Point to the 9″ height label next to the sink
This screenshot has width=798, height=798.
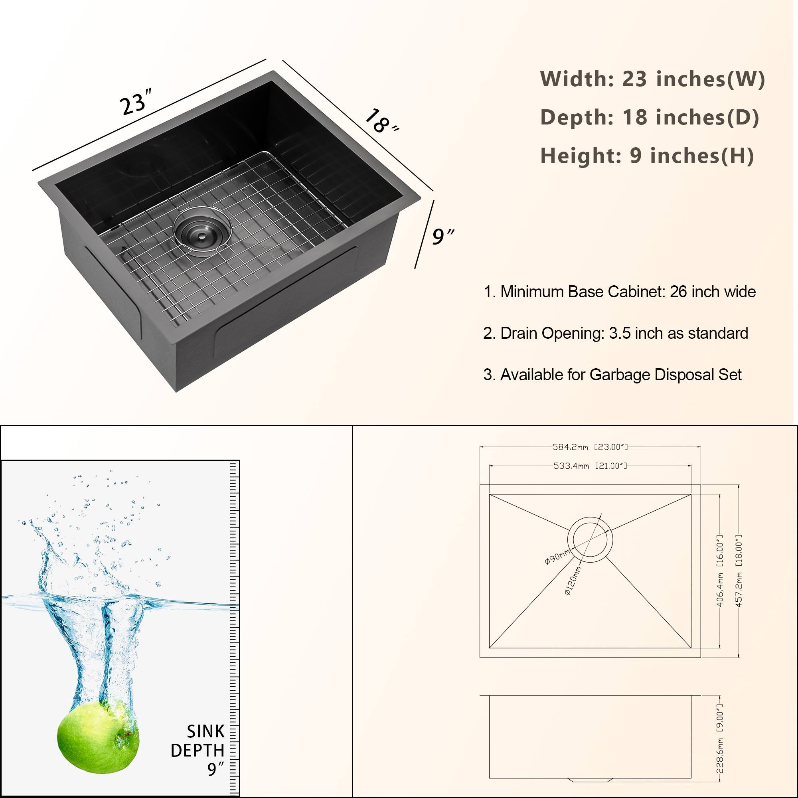click(x=442, y=236)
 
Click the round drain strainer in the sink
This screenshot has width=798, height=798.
click(x=200, y=232)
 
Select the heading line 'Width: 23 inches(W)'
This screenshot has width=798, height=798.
click(x=652, y=79)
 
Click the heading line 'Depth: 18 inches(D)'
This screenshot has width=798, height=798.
click(x=649, y=117)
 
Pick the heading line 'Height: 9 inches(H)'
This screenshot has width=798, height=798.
click(x=647, y=156)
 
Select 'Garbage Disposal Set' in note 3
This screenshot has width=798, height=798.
click(x=665, y=375)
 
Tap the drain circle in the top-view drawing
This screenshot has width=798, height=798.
click(x=590, y=539)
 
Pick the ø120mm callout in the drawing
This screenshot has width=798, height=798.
click(x=573, y=580)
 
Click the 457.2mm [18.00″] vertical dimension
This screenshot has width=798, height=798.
click(x=739, y=571)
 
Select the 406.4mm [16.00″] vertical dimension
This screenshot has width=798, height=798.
click(x=719, y=571)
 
